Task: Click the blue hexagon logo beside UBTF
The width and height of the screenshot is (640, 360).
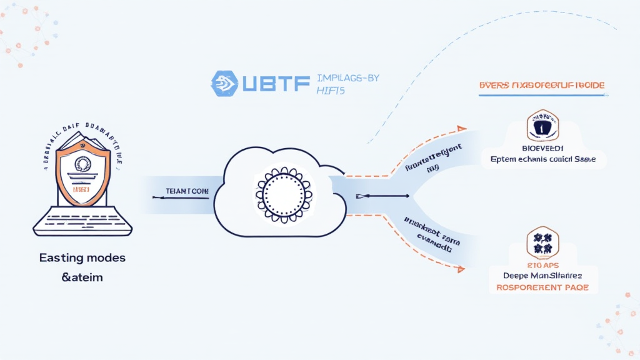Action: [x=224, y=83]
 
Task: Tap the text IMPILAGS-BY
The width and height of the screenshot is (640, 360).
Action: [x=348, y=78]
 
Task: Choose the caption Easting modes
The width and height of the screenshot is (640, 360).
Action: [x=74, y=257]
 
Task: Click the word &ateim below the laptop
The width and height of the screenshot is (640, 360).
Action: [x=74, y=277]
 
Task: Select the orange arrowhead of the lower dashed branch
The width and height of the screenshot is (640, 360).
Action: [x=461, y=269]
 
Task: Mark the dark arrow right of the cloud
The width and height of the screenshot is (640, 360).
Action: [x=382, y=196]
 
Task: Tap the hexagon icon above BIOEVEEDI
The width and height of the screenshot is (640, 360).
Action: [x=542, y=125]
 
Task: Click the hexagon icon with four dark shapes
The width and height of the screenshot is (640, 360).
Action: [x=542, y=244]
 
